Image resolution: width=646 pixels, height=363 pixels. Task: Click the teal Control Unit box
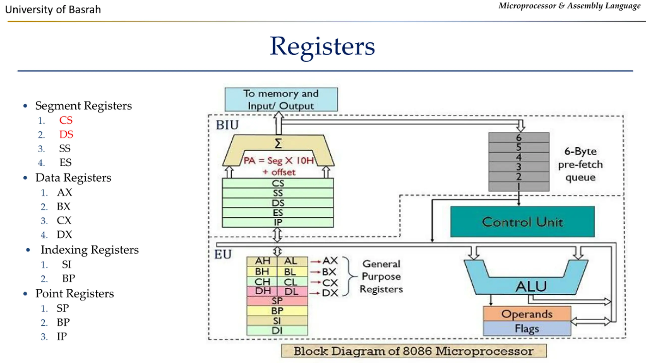coord(522,222)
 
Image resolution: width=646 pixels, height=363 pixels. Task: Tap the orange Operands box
coord(527,314)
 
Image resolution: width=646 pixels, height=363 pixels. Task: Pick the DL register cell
coord(292,291)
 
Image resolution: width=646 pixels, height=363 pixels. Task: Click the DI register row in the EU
coord(277,330)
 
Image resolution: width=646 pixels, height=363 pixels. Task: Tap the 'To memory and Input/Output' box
coord(281,99)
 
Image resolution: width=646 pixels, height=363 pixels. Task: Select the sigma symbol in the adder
coord(278,143)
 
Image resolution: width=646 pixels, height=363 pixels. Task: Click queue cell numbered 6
coord(519,137)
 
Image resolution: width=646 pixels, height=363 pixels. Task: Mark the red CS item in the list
coord(66,120)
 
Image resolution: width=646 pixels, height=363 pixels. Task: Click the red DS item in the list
coord(66,134)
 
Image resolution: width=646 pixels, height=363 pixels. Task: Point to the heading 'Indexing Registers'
coord(90,250)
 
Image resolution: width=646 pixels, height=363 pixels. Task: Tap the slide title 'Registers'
coord(322,47)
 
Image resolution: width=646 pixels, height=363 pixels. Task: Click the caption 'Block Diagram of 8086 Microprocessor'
coord(414,351)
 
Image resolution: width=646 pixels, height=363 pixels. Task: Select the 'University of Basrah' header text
coord(53,10)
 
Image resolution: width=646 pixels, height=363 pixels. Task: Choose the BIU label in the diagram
coord(227,125)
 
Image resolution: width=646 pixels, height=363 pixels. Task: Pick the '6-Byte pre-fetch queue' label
coord(580,164)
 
